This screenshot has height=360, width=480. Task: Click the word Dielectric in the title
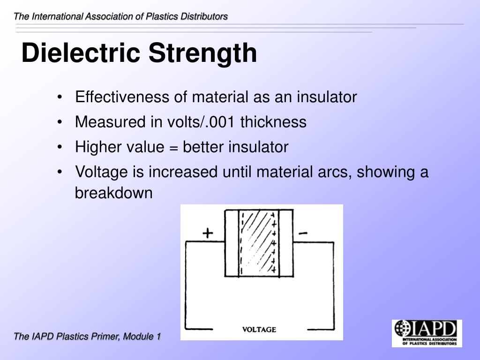point(81,53)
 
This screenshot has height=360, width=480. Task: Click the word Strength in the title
point(203,53)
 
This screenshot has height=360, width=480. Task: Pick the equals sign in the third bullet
point(174,148)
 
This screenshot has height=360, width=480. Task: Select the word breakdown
point(114,193)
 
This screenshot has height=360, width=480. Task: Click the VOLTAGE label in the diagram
point(259,330)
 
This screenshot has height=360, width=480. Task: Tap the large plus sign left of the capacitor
point(208,233)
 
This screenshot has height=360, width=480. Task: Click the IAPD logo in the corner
point(427,333)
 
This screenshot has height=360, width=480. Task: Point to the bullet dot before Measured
point(61,123)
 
